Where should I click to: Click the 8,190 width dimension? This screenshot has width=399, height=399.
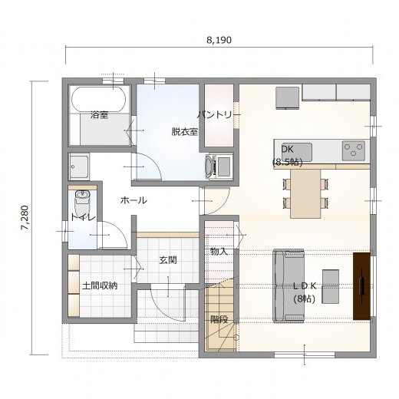pos(219,40)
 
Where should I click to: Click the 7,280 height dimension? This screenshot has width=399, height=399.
pos(25,218)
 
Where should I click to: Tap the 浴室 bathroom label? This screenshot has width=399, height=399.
pos(99,115)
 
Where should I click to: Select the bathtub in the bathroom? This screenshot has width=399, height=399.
pos(99,100)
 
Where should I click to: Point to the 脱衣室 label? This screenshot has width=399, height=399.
pos(185,132)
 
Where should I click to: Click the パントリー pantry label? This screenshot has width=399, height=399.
pos(219,115)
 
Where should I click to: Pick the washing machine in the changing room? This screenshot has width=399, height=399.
pos(219,167)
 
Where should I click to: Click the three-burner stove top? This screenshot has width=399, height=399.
pos(354,150)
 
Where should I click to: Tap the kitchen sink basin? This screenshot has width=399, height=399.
pos(297,152)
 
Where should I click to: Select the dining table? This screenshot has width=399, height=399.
pos(305,194)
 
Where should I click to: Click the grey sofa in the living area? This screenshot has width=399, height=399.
pos(289,285)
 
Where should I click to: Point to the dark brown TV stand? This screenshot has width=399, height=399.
pos(361,286)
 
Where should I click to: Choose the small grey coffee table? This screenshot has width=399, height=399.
pos(331,286)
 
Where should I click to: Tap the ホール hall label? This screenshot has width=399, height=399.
pos(134,200)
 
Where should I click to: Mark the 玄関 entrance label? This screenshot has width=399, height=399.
pos(168,260)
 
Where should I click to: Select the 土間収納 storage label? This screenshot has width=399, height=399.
pos(100,285)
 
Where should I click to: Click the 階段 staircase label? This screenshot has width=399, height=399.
pos(219,319)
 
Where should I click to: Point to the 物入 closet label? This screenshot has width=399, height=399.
pos(219,252)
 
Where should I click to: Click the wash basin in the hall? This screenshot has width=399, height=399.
pos(79,167)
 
